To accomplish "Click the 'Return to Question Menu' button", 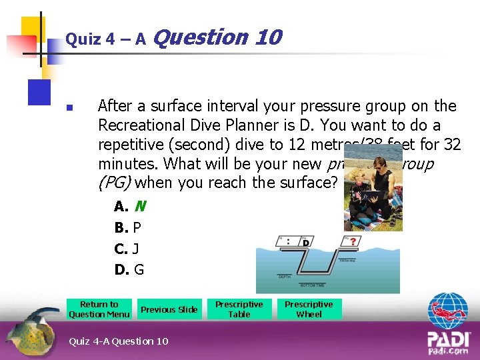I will coord(99,309).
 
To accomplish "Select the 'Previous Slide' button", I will coord(169,309).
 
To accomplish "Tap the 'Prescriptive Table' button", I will coord(239,309).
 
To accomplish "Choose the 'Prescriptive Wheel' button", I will coord(309,309).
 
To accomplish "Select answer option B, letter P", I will coord(137,228).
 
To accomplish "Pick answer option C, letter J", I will coord(135,249).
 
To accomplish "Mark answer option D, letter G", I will coord(139,270).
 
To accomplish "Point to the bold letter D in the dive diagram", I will coord(306,243).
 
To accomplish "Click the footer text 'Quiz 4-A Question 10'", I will coord(119,341).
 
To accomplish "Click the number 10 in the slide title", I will coord(268,37).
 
